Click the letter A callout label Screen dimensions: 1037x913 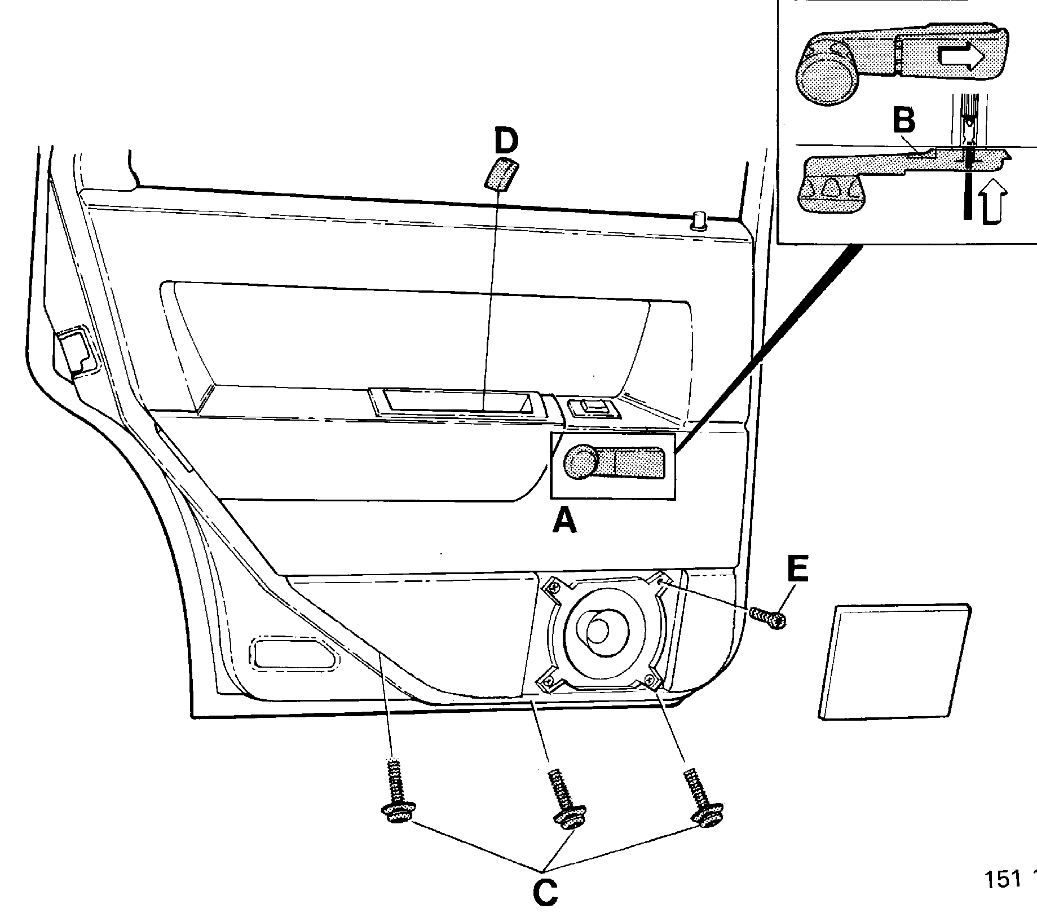click(x=565, y=520)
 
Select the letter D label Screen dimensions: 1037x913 click(x=506, y=142)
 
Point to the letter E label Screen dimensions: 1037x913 click(x=797, y=570)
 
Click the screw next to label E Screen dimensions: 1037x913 click(x=768, y=618)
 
